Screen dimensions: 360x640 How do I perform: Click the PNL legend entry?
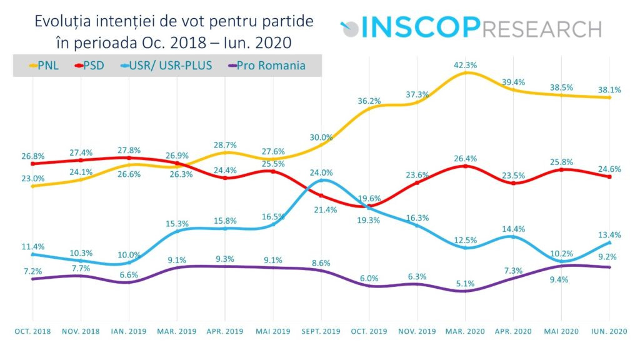pos(44,65)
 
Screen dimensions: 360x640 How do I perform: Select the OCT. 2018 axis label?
pos(33,330)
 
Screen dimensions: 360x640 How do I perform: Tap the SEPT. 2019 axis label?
pos(321,330)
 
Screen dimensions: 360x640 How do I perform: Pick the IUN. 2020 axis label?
pos(609,330)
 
